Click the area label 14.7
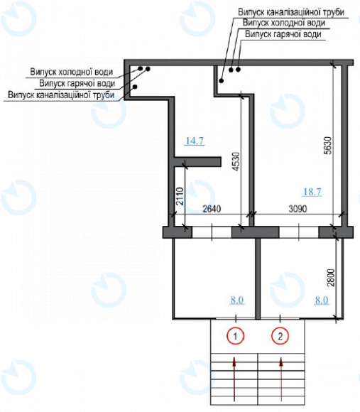(x=195, y=141)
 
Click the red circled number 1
(x=235, y=335)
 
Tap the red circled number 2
(x=282, y=335)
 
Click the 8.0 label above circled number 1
(x=236, y=300)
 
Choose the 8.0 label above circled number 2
(x=322, y=300)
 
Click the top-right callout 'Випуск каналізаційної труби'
(x=293, y=12)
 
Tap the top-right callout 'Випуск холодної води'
(x=285, y=23)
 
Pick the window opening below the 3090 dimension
(x=298, y=232)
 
